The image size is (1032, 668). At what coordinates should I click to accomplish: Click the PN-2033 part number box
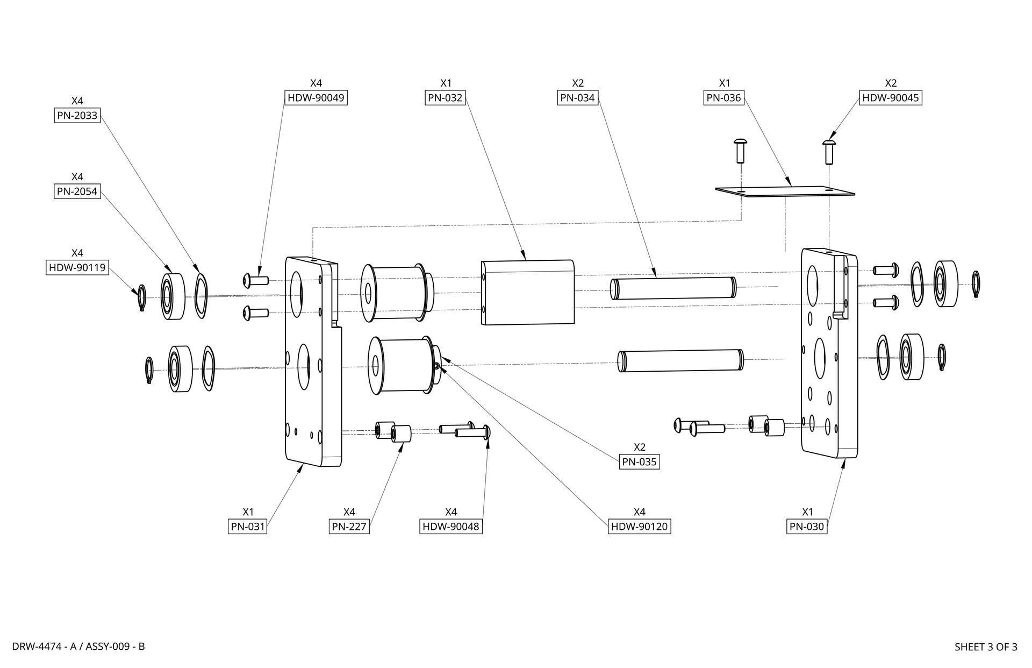(77, 116)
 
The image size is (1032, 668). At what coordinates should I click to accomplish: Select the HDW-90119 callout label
(77, 267)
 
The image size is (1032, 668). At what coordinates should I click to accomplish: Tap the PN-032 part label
(445, 98)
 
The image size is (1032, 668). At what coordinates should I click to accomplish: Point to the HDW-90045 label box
(890, 98)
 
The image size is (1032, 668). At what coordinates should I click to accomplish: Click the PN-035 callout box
(639, 462)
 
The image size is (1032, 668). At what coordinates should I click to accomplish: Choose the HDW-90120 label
(639, 527)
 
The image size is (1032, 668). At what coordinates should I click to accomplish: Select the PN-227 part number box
(349, 527)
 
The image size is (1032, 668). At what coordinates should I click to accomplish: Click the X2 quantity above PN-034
(577, 83)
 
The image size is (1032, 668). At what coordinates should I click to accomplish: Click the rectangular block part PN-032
(528, 292)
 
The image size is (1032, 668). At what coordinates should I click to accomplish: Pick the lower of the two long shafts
(680, 360)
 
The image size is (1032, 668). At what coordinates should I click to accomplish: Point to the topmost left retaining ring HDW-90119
(141, 297)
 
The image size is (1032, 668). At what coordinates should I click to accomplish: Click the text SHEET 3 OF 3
(985, 647)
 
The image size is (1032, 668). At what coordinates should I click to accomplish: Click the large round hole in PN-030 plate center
(820, 358)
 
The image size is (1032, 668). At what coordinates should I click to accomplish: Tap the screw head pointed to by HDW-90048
(488, 431)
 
